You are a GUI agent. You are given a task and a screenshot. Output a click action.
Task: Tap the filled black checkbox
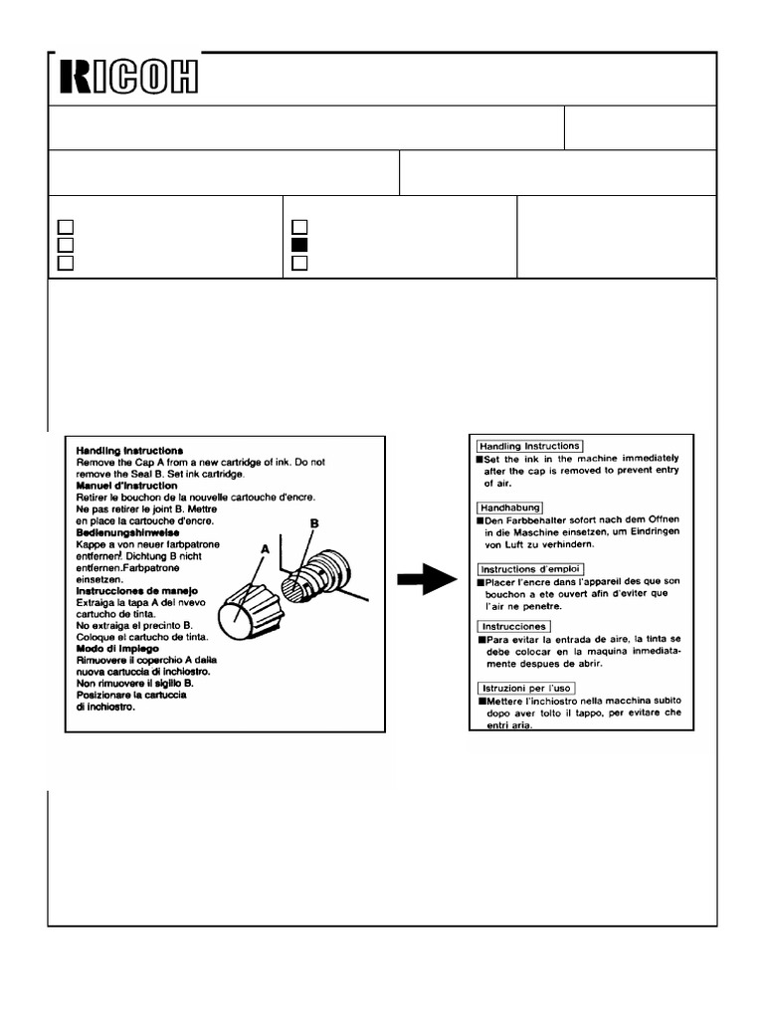pyautogui.click(x=300, y=245)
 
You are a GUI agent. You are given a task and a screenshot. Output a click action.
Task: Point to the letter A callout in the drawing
pyautogui.click(x=266, y=548)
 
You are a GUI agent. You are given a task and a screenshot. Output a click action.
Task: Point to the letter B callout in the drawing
pyautogui.click(x=314, y=522)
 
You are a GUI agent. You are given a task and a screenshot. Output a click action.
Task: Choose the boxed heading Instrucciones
pyautogui.click(x=513, y=626)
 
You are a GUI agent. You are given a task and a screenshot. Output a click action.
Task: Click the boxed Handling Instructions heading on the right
pyautogui.click(x=529, y=446)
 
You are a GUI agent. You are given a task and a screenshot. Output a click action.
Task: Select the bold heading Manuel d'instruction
pyautogui.click(x=127, y=486)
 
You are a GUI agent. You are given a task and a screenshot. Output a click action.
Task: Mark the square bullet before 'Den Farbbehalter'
pyautogui.click(x=480, y=519)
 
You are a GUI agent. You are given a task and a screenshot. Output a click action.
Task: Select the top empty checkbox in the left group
pyautogui.click(x=66, y=227)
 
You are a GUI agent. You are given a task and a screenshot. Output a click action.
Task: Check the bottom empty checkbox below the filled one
pyautogui.click(x=300, y=264)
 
